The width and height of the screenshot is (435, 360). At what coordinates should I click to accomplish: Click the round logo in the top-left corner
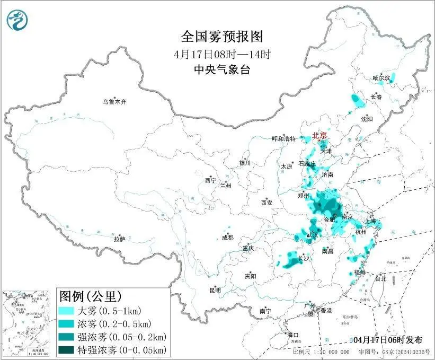[17, 20]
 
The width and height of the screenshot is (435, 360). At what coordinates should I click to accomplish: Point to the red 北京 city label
[320, 135]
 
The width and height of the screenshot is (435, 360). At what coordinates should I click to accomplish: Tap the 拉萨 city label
[119, 239]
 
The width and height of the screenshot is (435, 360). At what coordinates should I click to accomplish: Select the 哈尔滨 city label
[380, 78]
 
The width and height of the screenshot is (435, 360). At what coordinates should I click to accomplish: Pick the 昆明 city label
[215, 290]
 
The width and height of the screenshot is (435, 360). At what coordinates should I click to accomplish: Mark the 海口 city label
[293, 335]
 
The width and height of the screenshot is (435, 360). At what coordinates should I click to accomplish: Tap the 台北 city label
[380, 278]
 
